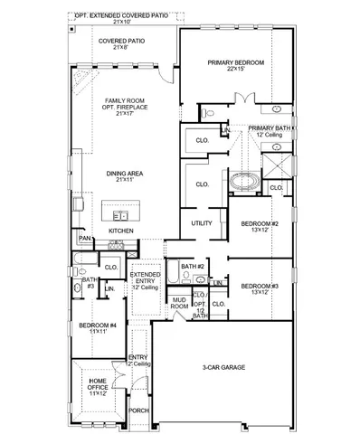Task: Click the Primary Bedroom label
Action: tap(234, 62)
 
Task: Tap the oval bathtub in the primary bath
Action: tap(242, 181)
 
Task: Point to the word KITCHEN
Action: tap(121, 231)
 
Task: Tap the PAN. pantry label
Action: tap(85, 239)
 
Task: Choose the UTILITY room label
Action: tap(201, 223)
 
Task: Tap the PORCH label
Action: tap(138, 410)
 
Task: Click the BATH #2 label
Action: tap(192, 266)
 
